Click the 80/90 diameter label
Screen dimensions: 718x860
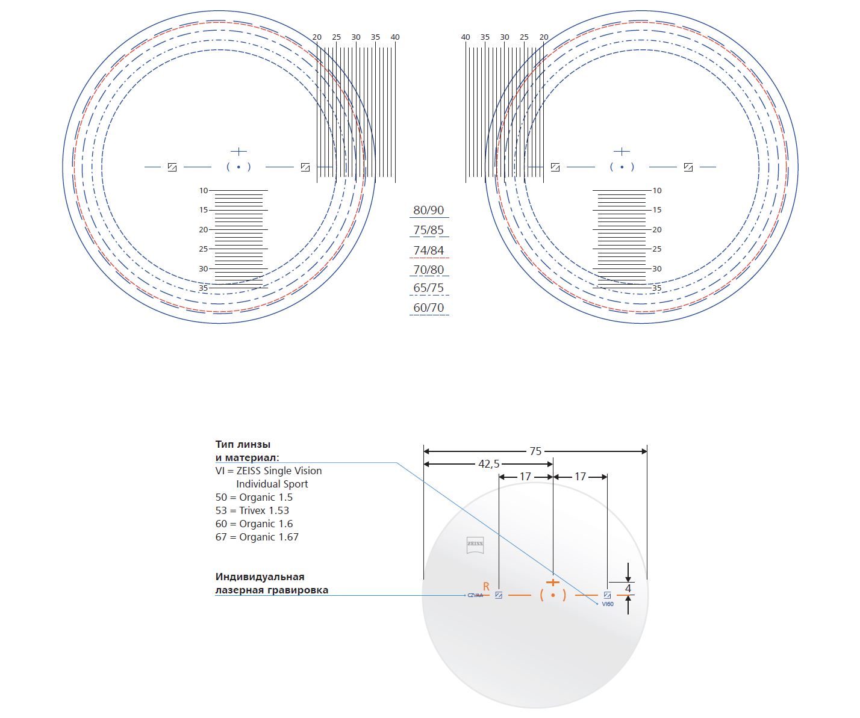428,210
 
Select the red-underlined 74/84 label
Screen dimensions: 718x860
428,250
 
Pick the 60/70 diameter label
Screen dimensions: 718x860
428,308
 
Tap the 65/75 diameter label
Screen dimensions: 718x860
428,288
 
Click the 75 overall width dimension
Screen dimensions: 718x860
535,451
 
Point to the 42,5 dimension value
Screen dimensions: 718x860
488,464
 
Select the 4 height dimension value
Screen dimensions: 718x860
628,588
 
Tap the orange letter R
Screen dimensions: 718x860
486,586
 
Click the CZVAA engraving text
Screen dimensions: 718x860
475,595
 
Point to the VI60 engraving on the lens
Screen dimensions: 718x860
607,604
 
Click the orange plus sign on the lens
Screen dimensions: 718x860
552,582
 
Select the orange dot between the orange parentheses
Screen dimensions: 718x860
553,595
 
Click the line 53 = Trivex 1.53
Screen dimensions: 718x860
252,510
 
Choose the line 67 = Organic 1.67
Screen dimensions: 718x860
257,537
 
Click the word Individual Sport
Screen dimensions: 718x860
272,484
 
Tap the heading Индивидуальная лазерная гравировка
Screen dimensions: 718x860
272,583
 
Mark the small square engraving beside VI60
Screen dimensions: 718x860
607,595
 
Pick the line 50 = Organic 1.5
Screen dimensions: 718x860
254,497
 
